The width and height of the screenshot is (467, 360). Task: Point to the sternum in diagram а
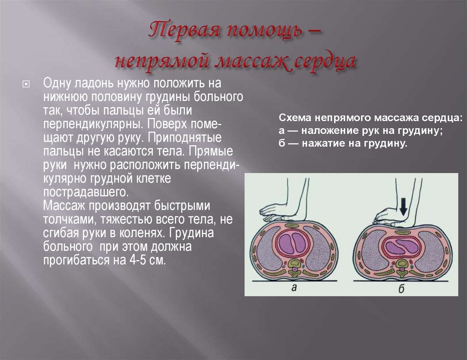pos(290,225)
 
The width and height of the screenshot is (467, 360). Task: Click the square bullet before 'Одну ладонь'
pos(26,83)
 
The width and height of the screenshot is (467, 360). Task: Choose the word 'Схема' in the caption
pos(295,117)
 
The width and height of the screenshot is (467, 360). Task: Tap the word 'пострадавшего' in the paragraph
pos(86,189)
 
